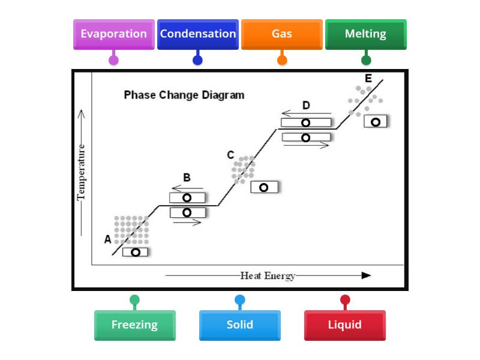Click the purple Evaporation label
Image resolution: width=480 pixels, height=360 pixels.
113,34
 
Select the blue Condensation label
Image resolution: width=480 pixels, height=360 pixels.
198,34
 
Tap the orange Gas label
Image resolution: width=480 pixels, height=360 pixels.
282,34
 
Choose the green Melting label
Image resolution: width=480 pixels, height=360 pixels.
365,34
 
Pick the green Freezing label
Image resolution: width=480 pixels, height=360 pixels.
134,325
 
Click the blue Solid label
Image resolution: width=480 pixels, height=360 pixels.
239,325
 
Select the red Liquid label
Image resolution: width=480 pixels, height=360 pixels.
344,325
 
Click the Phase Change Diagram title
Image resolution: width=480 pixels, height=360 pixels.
184,95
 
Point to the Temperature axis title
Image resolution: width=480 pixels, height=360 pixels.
82,171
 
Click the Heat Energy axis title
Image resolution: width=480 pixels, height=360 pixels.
268,276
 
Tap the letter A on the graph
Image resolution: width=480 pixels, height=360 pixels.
107,239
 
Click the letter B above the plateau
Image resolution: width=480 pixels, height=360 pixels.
187,178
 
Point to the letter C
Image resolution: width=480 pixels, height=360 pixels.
230,155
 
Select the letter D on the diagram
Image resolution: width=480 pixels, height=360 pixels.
306,106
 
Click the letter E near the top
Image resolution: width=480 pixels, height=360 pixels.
368,79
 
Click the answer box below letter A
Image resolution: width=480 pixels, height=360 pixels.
135,252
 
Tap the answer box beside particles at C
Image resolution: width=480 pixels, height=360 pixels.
264,187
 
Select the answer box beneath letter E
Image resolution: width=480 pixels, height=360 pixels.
376,122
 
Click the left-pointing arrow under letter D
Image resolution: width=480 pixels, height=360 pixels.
306,113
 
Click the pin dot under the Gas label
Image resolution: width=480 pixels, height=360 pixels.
282,60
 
